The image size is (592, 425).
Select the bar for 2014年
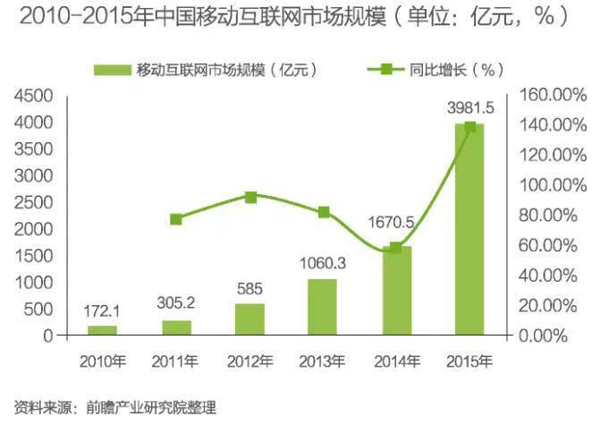[396, 291]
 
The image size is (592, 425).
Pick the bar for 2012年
[249, 319]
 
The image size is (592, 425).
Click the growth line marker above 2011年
[176, 219]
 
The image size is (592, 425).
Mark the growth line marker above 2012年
[250, 197]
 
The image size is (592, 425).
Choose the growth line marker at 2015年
[470, 128]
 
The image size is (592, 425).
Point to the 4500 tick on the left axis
[36, 95]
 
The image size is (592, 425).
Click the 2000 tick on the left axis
[36, 229]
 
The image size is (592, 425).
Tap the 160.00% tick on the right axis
[546, 95]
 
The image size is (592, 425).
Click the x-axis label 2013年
[323, 361]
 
